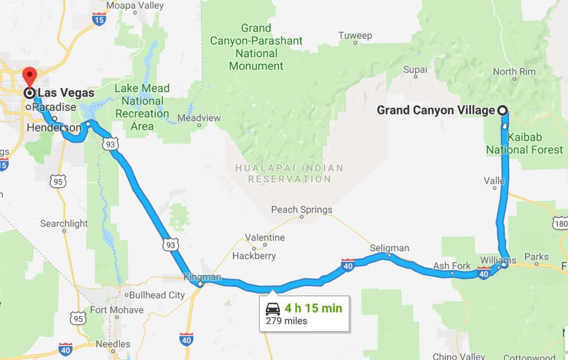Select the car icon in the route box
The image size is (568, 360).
[272, 309]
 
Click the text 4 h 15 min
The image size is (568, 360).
[313, 308]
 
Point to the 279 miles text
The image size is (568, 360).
[286, 321]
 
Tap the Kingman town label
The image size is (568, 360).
[202, 277]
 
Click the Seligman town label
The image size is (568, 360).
[390, 248]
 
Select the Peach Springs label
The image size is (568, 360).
[301, 210]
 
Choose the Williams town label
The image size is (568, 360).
[499, 260]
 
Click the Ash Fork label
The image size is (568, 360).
[452, 266]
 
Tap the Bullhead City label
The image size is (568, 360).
[156, 295]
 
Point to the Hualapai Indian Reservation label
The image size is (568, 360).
[289, 173]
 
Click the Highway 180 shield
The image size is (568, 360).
[559, 223]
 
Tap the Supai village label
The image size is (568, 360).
[415, 70]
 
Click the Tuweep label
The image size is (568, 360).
[355, 36]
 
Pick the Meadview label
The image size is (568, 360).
[199, 118]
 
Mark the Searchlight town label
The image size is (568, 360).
[64, 224]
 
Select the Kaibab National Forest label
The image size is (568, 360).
[516, 143]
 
